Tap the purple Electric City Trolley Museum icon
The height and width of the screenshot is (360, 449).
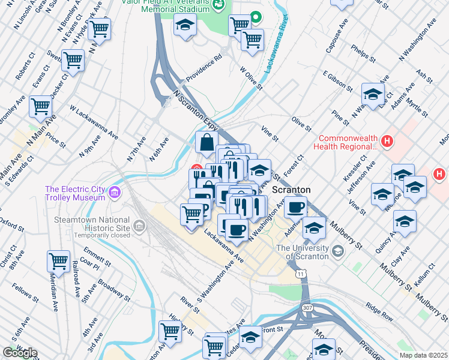tap(114, 193)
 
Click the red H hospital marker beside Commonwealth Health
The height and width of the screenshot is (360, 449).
tap(388, 142)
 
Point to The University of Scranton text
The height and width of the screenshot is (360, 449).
tap(303, 252)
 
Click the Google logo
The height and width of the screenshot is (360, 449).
tap(20, 353)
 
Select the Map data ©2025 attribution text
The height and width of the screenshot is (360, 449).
tap(423, 355)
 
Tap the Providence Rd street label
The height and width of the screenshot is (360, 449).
tap(203, 69)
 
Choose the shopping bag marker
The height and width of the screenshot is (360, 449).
tap(206, 142)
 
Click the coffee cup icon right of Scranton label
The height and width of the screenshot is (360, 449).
tap(295, 208)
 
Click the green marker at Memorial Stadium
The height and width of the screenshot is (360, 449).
tap(256, 17)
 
